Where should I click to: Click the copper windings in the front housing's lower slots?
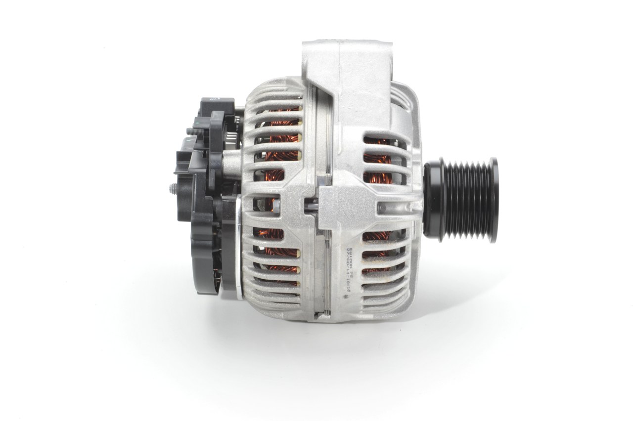coord(376,252)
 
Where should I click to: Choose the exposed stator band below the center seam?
coord(326,277)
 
